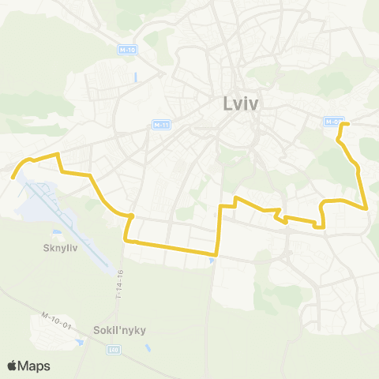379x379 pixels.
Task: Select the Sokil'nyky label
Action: coord(111,332)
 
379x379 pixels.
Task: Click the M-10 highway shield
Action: coord(127,50)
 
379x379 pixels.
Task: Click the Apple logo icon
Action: coord(13,366)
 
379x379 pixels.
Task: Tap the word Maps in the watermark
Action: coord(34,366)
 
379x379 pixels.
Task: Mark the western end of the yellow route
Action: coord(13,177)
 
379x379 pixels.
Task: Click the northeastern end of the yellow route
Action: coord(348,124)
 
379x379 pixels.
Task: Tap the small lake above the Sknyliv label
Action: coord(56,233)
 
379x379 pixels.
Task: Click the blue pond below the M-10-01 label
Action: coord(79,343)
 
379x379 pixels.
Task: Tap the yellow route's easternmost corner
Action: coord(368,208)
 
